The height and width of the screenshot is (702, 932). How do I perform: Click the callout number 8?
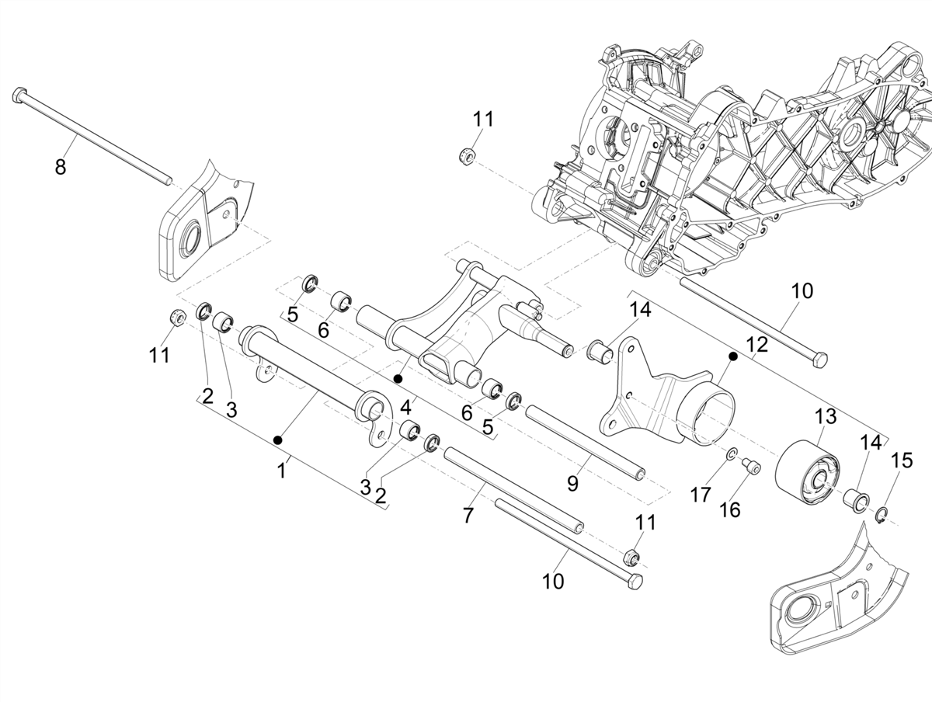pyautogui.click(x=61, y=166)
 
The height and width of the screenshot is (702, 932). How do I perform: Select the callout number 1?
pyautogui.click(x=283, y=470)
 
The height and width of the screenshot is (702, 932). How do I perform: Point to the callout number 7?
pyautogui.click(x=468, y=515)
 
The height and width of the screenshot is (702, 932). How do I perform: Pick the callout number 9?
pyautogui.click(x=572, y=484)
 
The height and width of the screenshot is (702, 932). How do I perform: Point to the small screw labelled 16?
pyautogui.click(x=750, y=466)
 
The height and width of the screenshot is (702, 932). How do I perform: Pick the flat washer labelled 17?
pyautogui.click(x=732, y=453)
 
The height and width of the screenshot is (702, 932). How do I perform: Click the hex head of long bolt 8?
pyautogui.click(x=19, y=96)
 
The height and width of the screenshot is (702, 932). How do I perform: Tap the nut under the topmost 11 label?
pyautogui.click(x=468, y=154)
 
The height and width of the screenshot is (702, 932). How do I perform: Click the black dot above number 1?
pyautogui.click(x=278, y=440)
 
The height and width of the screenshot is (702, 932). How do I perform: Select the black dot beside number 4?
pyautogui.click(x=398, y=379)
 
